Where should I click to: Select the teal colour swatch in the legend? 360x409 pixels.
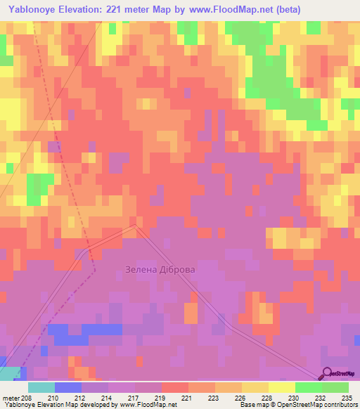[x=41, y=387]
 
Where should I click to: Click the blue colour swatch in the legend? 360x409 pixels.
[x=68, y=387]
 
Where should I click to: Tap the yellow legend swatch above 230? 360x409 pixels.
[x=282, y=387]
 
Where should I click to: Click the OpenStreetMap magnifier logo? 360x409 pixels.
[x=328, y=373]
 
